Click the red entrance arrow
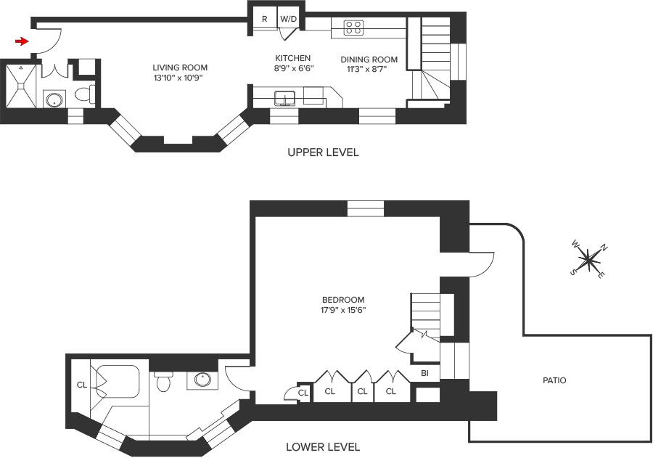(22, 41)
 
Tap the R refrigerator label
(264, 19)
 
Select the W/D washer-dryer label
(289, 19)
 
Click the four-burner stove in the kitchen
(353, 28)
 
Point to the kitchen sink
(285, 99)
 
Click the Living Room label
(180, 68)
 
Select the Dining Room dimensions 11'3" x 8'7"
(367, 69)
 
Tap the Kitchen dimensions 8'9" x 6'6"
(294, 68)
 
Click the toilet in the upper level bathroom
(85, 94)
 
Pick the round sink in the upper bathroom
(54, 100)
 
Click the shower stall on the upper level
(20, 86)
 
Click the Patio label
(554, 380)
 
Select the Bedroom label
(343, 300)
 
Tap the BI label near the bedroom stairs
(424, 373)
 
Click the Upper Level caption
(323, 152)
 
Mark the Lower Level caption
(323, 447)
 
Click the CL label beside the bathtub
(82, 385)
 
